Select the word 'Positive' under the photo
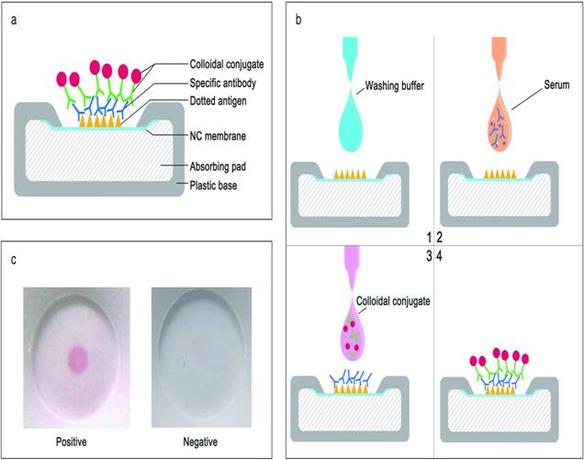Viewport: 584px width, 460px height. tap(77, 439)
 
